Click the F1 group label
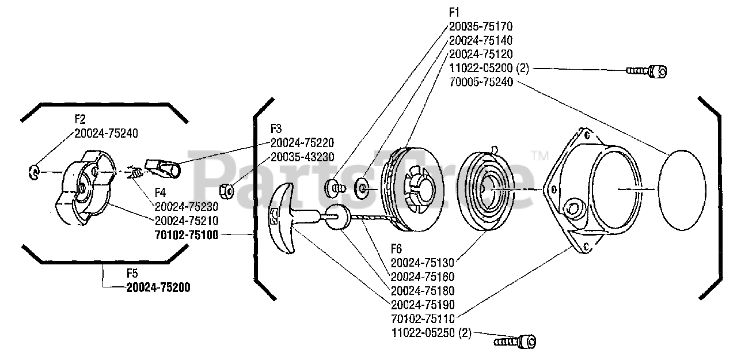(454, 13)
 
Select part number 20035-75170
(481, 26)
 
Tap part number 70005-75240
(481, 82)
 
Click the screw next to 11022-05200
(646, 71)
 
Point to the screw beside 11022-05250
(515, 342)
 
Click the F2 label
(80, 119)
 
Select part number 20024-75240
(106, 133)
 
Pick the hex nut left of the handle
(226, 191)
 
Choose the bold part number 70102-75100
(186, 235)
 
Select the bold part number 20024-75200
(158, 287)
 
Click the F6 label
(396, 249)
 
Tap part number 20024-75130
(422, 263)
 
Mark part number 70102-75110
(423, 319)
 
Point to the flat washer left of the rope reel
(361, 188)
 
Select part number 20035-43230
(302, 157)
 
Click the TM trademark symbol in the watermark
(540, 156)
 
